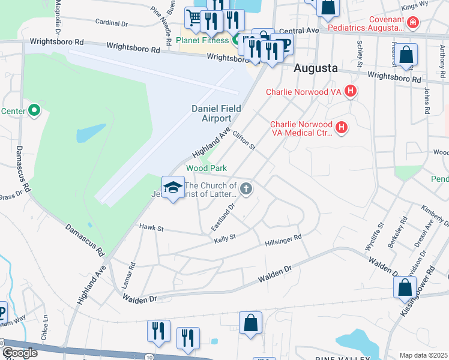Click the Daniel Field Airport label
coord(216,113)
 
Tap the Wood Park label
coord(206,169)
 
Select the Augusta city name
coord(315,68)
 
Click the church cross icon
coord(246,190)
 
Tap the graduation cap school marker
coord(173,187)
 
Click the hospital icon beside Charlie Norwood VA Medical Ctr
coord(342,127)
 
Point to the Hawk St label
coord(151,228)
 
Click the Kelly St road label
coord(225,239)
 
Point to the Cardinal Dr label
coord(112,23)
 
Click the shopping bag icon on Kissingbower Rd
coord(405,287)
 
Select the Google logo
coord(20,352)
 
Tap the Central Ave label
coord(299,31)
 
